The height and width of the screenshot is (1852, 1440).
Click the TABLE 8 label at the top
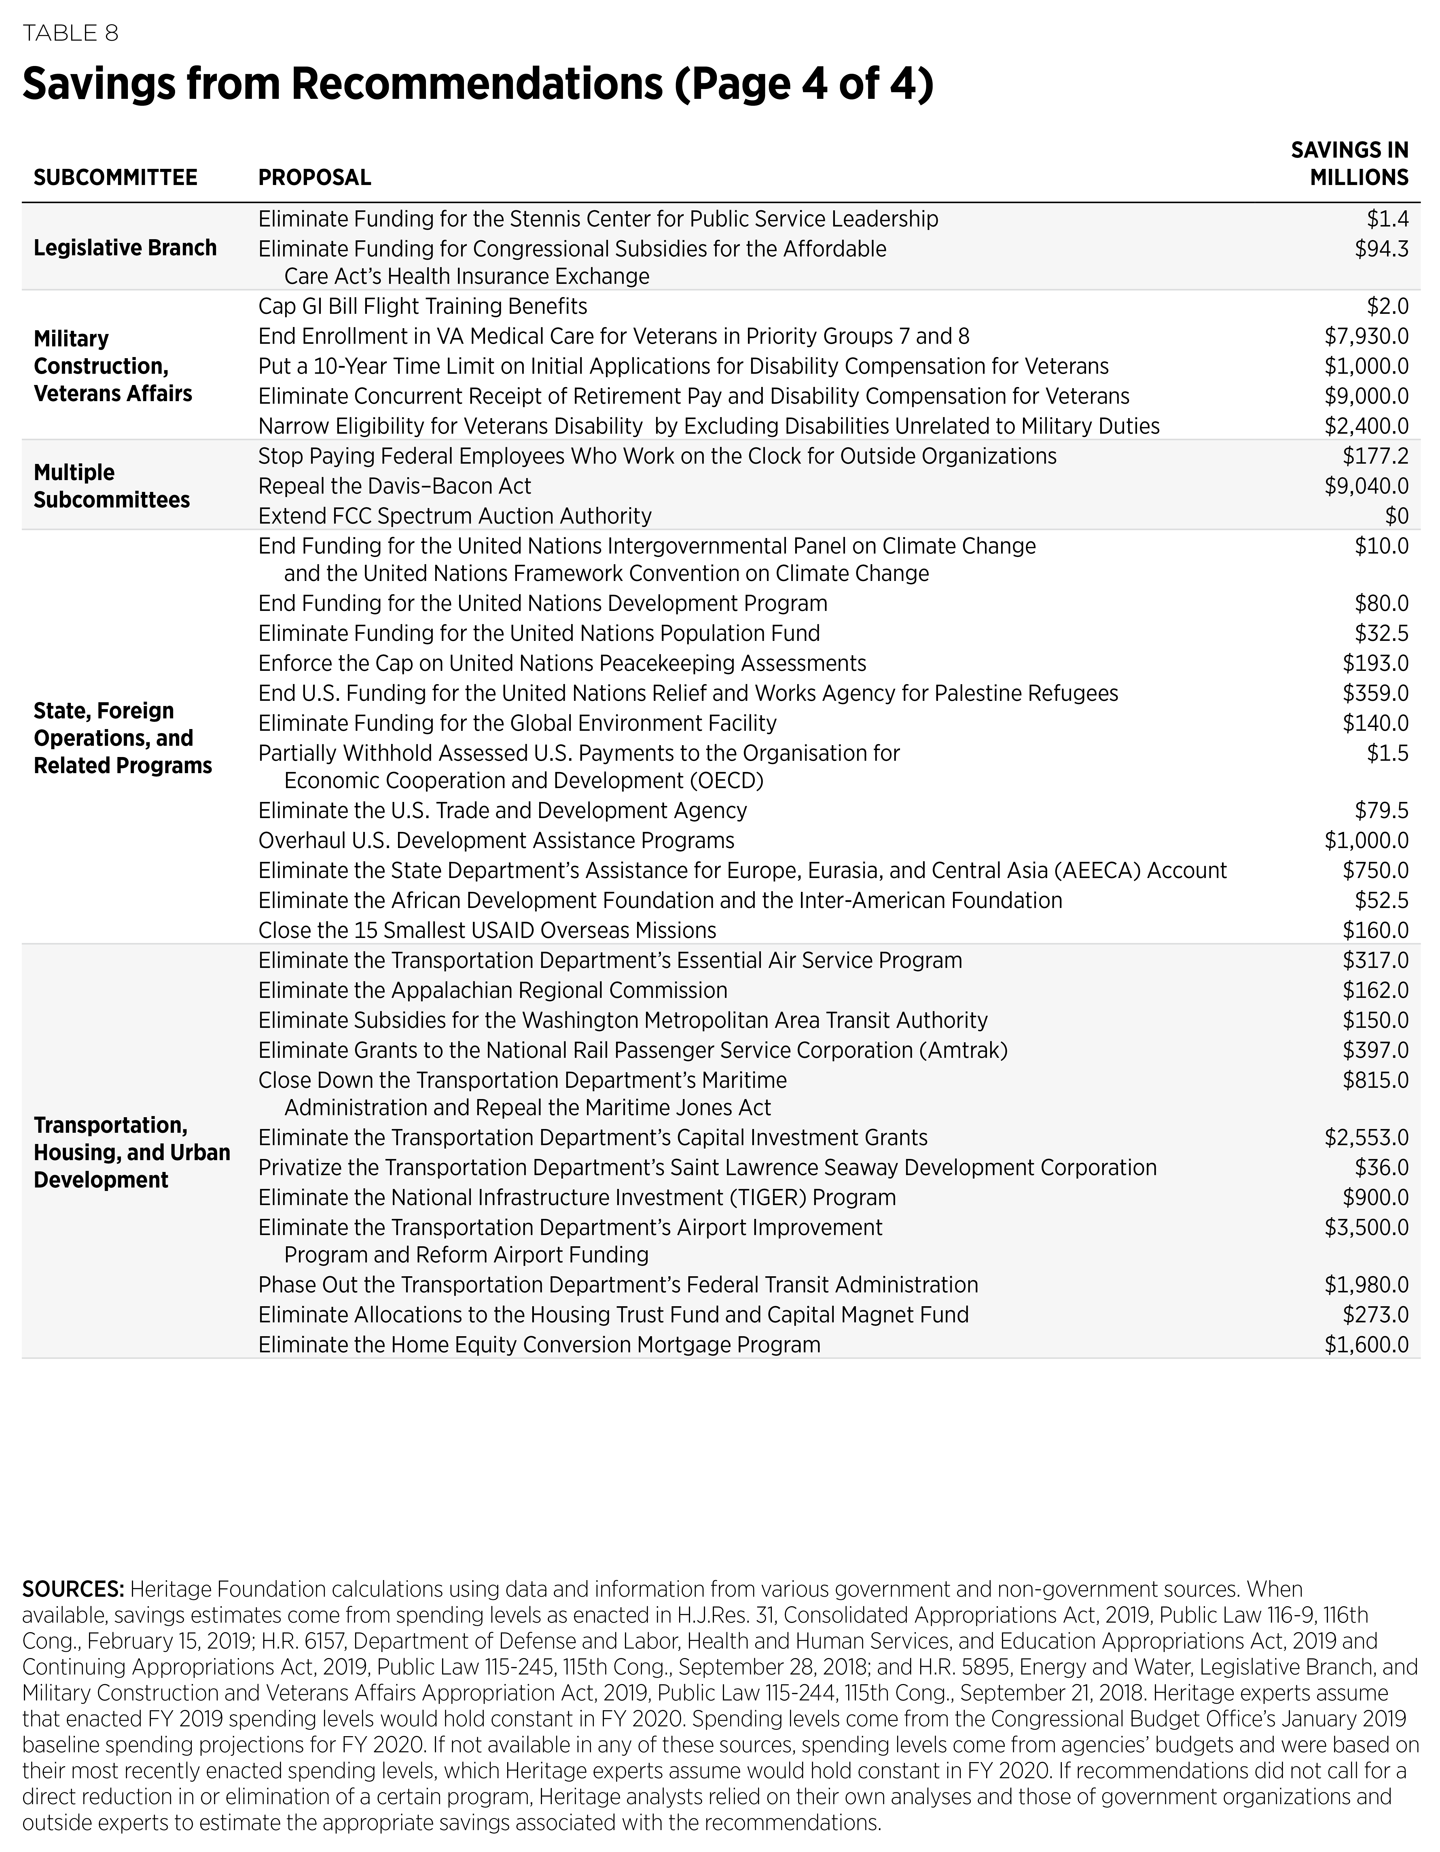tap(70, 33)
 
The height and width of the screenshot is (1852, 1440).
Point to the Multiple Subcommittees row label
tap(111, 486)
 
